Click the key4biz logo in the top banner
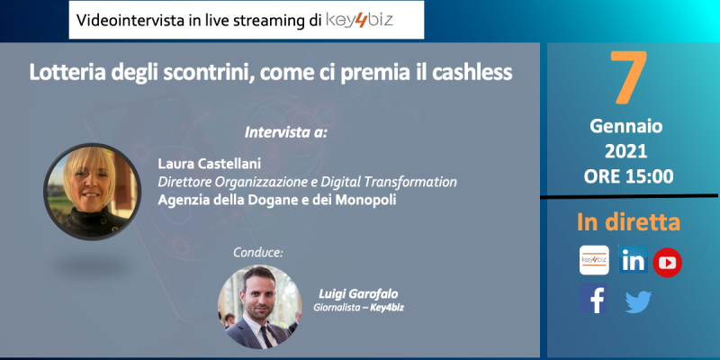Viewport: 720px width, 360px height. (359, 20)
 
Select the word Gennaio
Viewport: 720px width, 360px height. (625, 126)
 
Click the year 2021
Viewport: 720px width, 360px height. (625, 151)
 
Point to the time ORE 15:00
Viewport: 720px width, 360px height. (628, 175)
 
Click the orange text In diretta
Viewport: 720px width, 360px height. (628, 221)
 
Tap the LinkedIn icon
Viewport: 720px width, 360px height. (634, 259)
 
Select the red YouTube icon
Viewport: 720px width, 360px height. (667, 263)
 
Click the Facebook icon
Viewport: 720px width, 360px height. (593, 299)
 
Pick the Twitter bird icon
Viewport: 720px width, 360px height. (638, 302)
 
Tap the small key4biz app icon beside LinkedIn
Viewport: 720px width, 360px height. (594, 260)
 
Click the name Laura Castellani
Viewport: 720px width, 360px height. (210, 164)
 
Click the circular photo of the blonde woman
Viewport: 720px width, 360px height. (93, 192)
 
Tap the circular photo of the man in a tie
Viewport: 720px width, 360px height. (259, 307)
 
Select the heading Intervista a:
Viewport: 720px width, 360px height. (286, 132)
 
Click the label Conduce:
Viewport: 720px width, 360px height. (258, 253)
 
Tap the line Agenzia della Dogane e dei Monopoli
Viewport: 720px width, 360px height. (277, 200)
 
